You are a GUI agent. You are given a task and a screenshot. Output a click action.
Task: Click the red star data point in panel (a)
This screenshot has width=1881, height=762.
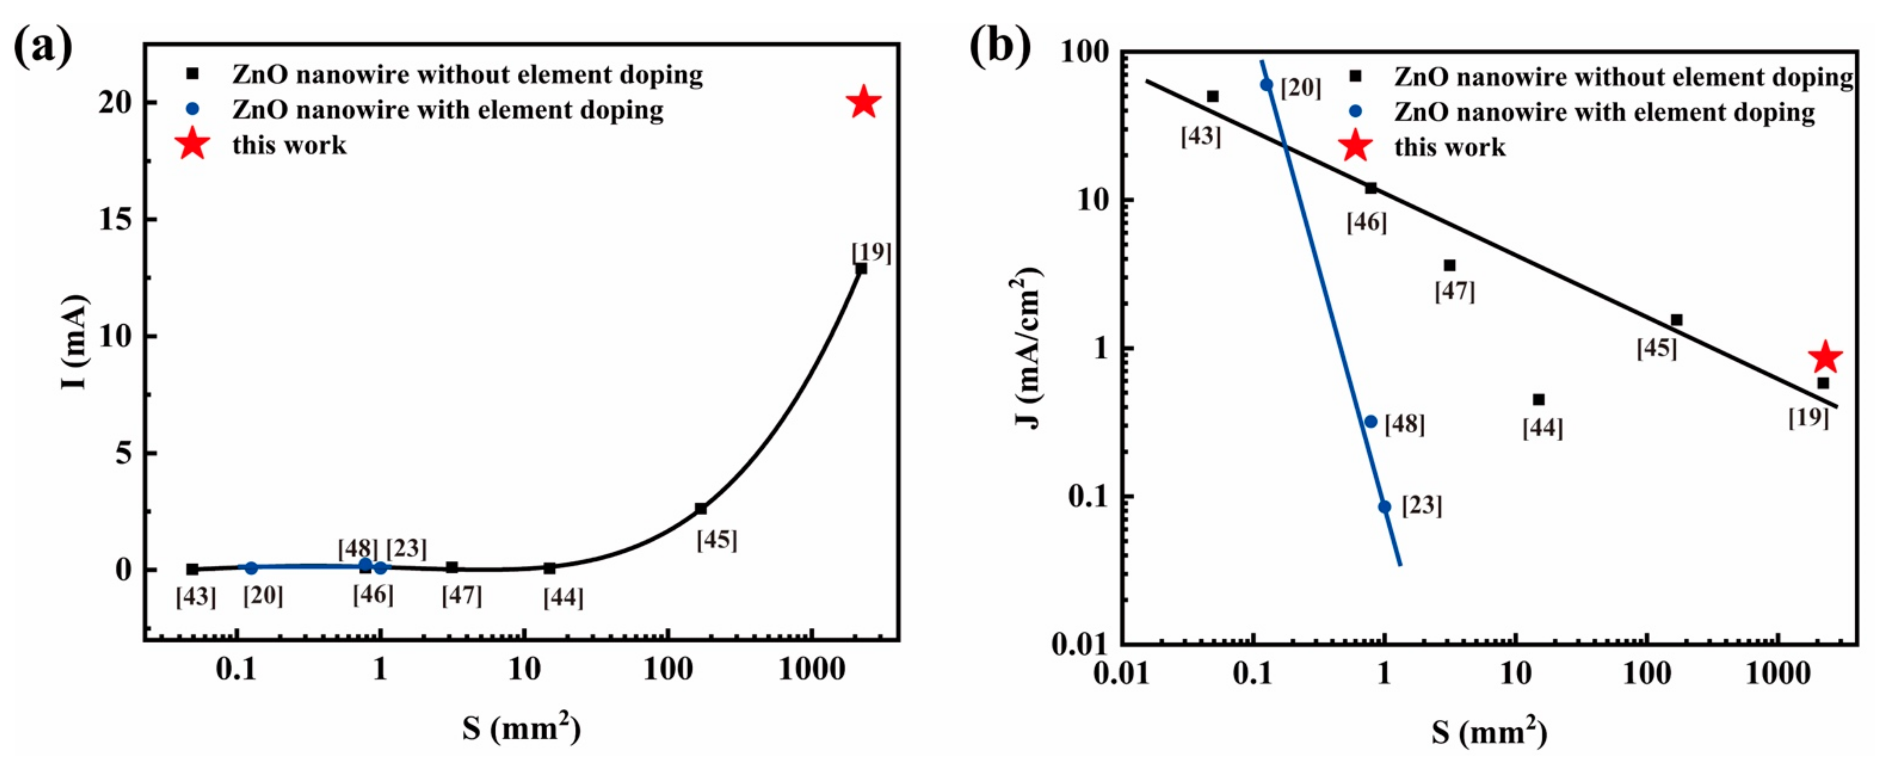click(x=863, y=102)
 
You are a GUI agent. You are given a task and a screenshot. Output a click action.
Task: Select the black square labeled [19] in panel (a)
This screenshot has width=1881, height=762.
click(x=861, y=268)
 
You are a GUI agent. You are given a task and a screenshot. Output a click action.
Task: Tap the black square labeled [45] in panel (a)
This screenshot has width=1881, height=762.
click(x=700, y=508)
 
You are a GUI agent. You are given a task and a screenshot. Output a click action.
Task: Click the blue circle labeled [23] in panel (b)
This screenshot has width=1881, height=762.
click(x=1384, y=506)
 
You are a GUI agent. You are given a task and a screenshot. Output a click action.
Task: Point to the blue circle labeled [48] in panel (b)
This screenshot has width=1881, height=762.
click(x=1371, y=421)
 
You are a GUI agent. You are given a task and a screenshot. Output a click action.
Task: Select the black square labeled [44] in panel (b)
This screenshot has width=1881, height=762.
click(x=1538, y=399)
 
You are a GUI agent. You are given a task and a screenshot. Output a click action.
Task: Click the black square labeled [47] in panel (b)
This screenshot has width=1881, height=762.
click(x=1449, y=265)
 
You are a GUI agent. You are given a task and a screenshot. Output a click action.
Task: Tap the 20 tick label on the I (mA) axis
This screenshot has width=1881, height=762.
click(x=115, y=102)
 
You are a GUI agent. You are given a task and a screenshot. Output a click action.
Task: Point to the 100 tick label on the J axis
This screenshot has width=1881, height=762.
click(x=1081, y=53)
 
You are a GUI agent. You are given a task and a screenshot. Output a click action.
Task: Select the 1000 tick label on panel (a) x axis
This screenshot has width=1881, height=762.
click(x=811, y=668)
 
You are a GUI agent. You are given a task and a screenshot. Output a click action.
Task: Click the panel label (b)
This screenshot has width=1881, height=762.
click(x=999, y=45)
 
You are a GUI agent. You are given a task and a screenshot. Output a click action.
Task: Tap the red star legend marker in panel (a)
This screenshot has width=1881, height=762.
click(x=192, y=144)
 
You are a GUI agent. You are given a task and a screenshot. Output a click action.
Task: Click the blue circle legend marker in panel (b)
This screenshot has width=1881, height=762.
click(x=1355, y=112)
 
